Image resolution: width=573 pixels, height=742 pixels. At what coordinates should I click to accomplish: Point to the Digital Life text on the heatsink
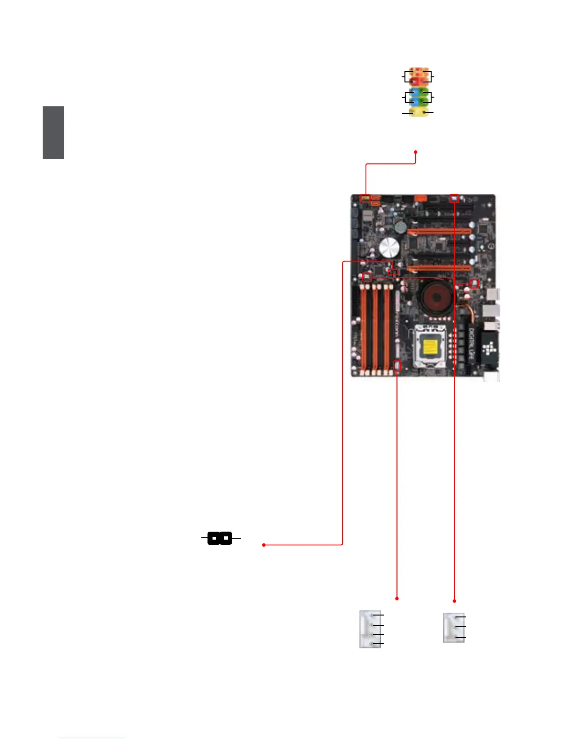(471, 344)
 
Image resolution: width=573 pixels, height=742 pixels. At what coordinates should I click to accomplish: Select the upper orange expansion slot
(439, 231)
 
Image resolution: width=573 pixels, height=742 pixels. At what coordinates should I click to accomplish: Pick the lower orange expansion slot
(439, 269)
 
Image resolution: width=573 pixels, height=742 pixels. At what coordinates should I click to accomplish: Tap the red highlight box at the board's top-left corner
(365, 198)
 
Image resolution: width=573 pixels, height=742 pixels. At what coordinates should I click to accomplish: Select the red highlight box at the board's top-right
(454, 198)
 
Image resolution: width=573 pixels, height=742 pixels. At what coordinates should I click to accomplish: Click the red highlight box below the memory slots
(397, 366)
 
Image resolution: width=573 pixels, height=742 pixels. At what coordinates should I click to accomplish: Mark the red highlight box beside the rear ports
(474, 283)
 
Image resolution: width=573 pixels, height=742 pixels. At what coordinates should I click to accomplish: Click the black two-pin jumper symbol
(220, 539)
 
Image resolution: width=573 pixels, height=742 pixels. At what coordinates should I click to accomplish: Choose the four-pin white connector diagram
(370, 629)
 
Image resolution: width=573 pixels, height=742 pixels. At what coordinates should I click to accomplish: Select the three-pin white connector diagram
(454, 627)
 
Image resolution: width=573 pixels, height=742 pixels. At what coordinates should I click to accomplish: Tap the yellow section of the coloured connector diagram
(419, 112)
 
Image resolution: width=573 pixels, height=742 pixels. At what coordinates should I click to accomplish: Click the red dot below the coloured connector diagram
(416, 152)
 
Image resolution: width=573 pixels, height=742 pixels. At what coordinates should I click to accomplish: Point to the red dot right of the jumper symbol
(264, 545)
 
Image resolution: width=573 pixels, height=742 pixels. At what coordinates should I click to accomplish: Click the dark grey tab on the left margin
(53, 133)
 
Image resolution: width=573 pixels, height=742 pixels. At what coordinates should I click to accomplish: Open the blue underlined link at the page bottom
(93, 738)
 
